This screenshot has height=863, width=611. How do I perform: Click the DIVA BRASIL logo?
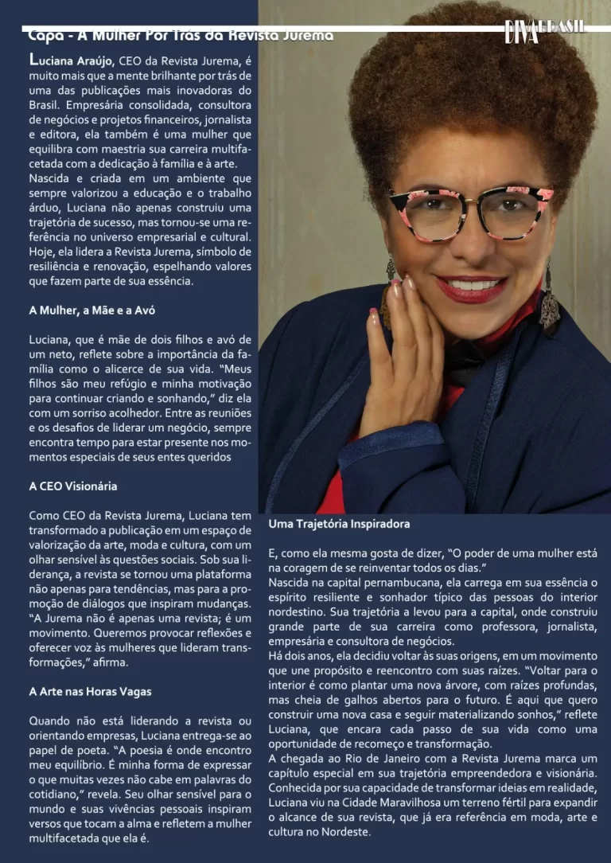click(544, 30)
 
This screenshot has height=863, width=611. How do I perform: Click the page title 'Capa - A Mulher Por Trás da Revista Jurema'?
click(181, 36)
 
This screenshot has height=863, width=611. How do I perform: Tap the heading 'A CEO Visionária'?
click(73, 486)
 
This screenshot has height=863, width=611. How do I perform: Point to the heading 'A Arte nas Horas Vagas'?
click(90, 692)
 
